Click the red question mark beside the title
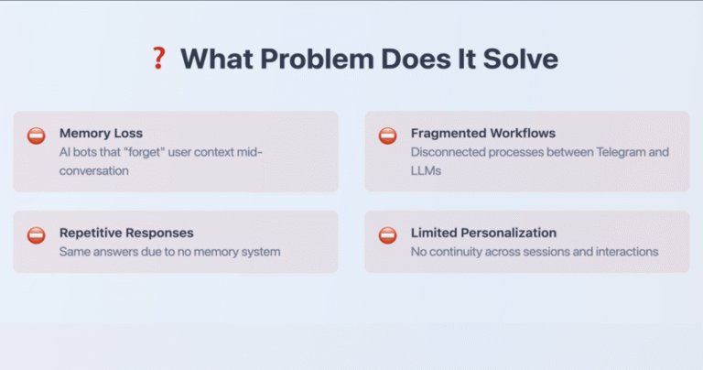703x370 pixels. click(158, 59)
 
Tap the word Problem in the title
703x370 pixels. click(317, 59)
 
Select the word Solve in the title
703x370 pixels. click(521, 59)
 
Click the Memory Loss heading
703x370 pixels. click(101, 133)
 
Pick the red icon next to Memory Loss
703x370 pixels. click(37, 136)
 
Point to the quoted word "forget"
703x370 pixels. click(145, 152)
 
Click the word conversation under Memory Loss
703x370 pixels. click(93, 171)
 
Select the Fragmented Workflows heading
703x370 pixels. click(483, 133)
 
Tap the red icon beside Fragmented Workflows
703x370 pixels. click(387, 136)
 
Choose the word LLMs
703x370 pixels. click(426, 171)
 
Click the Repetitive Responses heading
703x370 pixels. click(126, 233)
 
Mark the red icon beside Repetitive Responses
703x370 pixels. click(37, 235)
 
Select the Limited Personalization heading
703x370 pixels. click(483, 233)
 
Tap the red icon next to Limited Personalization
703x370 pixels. click(387, 235)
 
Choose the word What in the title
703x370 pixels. click(217, 59)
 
